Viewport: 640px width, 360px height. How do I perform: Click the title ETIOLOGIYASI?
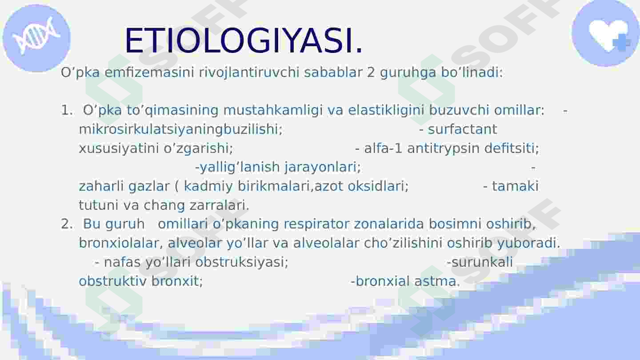click(244, 40)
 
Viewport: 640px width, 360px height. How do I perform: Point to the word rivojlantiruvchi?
click(249, 73)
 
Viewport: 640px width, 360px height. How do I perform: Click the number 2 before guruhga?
click(371, 72)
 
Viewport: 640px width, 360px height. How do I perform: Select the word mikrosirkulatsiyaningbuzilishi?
click(180, 129)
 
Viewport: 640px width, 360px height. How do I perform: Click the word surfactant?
click(462, 129)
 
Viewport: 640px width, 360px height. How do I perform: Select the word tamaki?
click(515, 186)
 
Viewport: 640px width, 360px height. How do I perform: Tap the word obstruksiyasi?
click(242, 262)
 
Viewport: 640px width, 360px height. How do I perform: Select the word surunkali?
click(482, 262)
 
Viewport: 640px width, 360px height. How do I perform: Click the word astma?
click(437, 281)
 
